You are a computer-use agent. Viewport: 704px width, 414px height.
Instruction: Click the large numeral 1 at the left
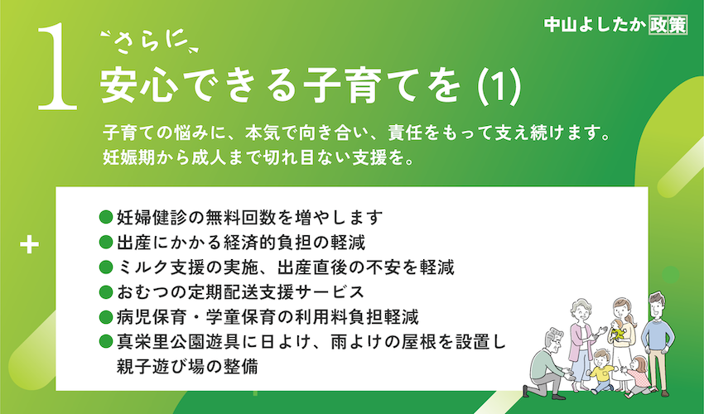[x=57, y=66]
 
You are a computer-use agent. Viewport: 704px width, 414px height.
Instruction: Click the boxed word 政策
[x=668, y=25]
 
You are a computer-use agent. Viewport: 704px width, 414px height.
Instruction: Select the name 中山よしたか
[x=595, y=25]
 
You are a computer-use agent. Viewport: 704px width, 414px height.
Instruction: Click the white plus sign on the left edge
[x=30, y=245]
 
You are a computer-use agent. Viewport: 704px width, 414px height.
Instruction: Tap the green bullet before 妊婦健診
[x=105, y=218]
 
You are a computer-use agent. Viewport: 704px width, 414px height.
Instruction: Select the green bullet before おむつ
[x=105, y=292]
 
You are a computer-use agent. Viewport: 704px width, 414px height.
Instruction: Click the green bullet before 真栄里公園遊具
[x=105, y=342]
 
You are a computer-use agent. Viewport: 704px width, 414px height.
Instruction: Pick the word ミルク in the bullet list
[x=142, y=267]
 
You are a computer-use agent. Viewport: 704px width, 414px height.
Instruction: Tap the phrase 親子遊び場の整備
[x=187, y=367]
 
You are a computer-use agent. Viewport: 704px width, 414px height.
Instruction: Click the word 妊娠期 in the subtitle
[x=129, y=158]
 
